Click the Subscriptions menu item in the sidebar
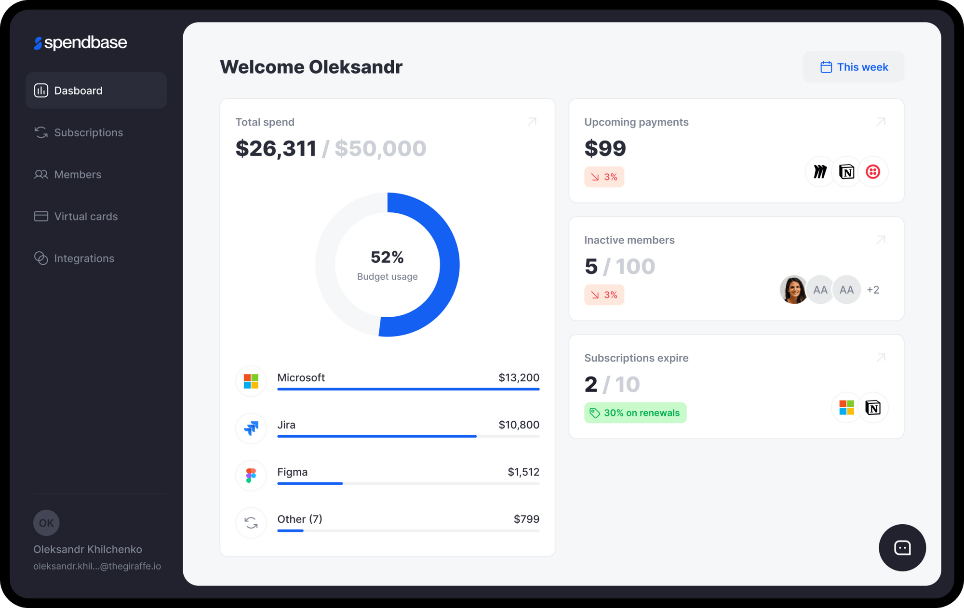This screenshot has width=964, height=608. pyautogui.click(x=88, y=132)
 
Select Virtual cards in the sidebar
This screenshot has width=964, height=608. pyautogui.click(x=86, y=216)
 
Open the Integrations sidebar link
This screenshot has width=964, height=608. pyautogui.click(x=84, y=258)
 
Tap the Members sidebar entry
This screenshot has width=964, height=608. pyautogui.click(x=78, y=174)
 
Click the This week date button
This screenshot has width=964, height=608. pyautogui.click(x=854, y=67)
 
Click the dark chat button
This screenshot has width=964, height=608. pyautogui.click(x=902, y=547)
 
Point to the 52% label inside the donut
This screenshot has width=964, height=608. pyautogui.click(x=387, y=257)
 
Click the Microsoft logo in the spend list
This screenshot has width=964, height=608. pyautogui.click(x=251, y=381)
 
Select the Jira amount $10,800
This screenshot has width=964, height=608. pyautogui.click(x=519, y=425)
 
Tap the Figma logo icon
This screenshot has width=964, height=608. pyautogui.click(x=251, y=475)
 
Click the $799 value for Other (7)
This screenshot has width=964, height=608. pyautogui.click(x=526, y=519)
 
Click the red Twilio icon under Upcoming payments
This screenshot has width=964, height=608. pyautogui.click(x=873, y=171)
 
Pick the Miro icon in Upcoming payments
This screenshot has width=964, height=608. pyautogui.click(x=820, y=171)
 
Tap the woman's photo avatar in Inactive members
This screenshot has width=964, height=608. pyautogui.click(x=793, y=289)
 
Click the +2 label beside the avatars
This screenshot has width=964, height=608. pyautogui.click(x=873, y=290)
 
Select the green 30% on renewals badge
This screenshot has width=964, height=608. pyautogui.click(x=635, y=413)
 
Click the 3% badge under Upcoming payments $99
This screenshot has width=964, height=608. pyautogui.click(x=604, y=177)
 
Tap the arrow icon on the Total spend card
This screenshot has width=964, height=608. pyautogui.click(x=532, y=122)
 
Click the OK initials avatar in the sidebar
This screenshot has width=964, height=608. pyautogui.click(x=46, y=523)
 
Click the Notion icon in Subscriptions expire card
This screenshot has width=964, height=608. pyautogui.click(x=873, y=408)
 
